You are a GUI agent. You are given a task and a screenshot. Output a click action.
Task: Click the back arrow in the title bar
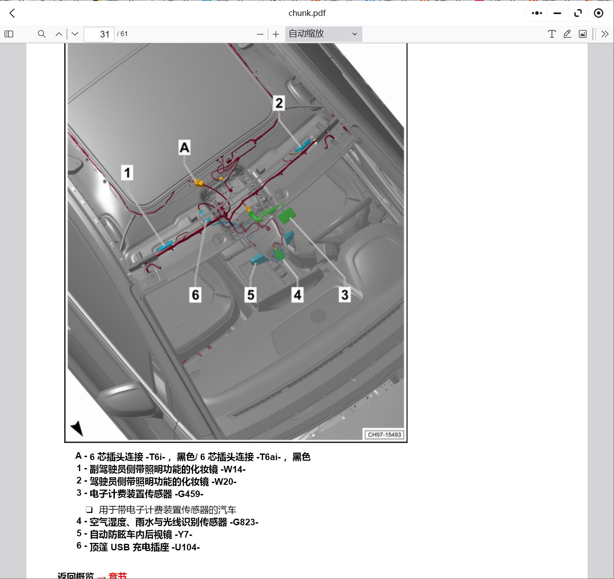12,13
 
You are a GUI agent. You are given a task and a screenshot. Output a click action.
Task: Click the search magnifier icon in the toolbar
42,34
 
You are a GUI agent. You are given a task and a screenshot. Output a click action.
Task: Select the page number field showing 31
99,34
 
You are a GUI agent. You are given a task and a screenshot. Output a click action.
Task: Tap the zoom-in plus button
276,34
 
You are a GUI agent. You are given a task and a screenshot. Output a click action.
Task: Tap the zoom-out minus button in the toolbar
260,34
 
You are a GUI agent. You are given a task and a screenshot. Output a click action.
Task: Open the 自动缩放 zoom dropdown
323,34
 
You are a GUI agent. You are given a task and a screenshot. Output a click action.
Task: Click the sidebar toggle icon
9,34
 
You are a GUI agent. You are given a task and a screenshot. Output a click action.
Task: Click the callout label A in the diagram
184,147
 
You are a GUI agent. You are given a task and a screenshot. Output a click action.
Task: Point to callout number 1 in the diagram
127,173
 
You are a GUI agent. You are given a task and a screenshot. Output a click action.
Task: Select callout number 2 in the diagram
279,103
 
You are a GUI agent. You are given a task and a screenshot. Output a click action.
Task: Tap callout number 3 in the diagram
345,295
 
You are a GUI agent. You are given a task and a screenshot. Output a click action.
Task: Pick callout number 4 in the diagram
298,295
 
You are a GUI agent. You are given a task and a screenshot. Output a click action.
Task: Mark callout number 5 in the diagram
250,295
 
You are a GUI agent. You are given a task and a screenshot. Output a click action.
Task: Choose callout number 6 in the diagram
195,295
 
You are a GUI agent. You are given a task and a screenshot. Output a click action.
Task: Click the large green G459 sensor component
287,215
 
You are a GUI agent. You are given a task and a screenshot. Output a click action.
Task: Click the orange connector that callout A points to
199,182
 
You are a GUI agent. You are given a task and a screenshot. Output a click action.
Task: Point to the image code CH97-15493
384,435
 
